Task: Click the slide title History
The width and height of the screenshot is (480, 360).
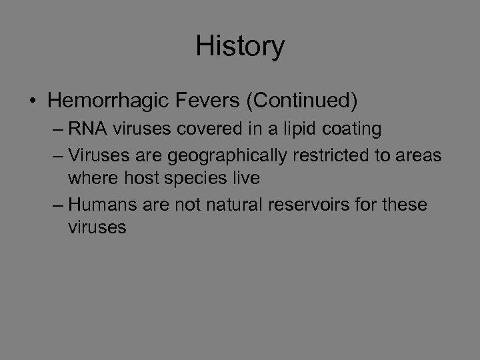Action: [x=240, y=46]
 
